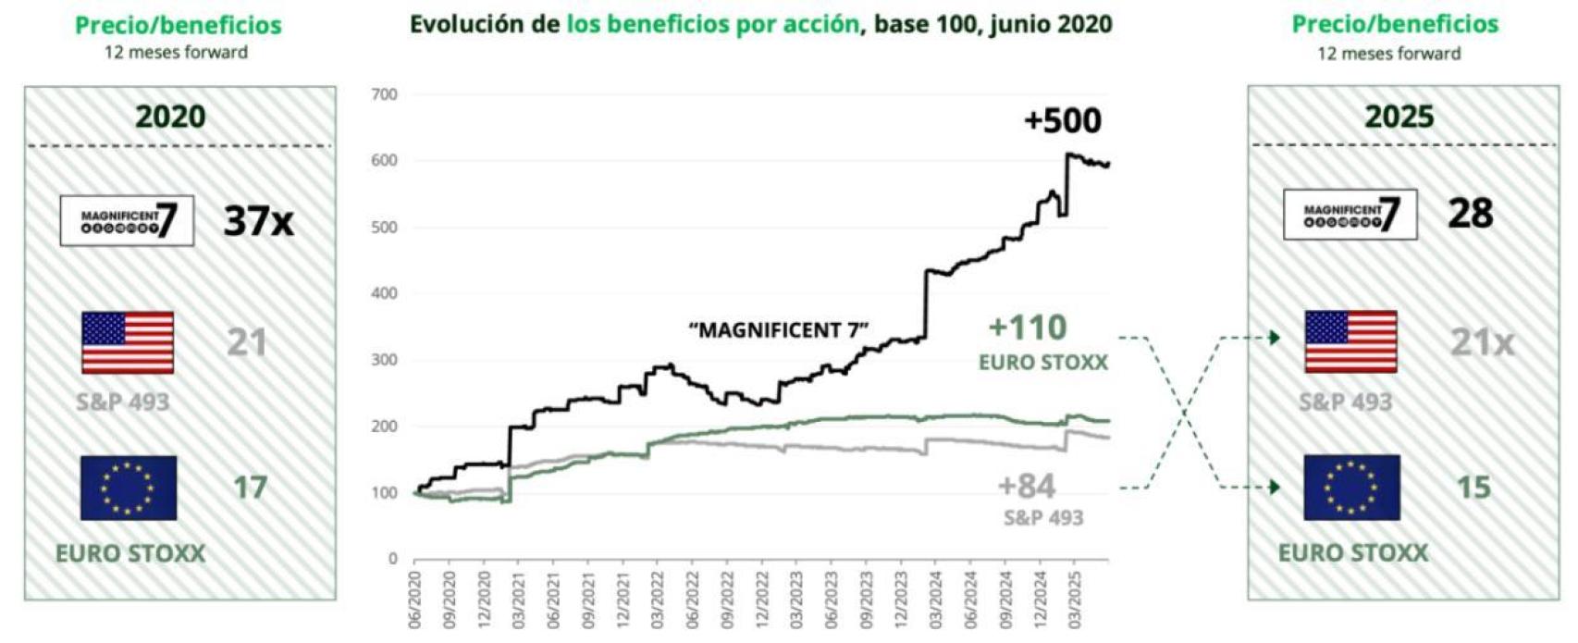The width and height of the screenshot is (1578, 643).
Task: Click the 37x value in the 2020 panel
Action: (258, 221)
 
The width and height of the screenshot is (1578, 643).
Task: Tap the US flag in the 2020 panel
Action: (128, 342)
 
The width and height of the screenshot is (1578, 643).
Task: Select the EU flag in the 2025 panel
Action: (1351, 488)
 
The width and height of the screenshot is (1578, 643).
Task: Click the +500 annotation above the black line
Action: (1062, 121)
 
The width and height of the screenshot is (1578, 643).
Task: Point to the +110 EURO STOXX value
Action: (1028, 328)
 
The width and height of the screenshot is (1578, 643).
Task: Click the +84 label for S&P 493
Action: (1026, 486)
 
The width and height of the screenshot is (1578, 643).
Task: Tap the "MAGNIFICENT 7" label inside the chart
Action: (778, 330)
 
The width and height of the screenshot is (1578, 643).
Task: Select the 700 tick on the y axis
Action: (384, 94)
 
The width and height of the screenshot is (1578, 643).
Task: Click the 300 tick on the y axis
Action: (384, 360)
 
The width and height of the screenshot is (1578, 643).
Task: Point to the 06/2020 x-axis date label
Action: (415, 600)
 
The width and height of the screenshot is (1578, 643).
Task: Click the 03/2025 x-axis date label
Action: (1073, 600)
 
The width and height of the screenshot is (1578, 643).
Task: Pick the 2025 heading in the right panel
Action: (1399, 117)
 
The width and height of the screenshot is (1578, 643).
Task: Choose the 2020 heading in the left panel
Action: (170, 117)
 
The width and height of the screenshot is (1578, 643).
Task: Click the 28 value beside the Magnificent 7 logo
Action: (1470, 214)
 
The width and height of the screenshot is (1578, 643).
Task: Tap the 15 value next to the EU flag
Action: (1473, 488)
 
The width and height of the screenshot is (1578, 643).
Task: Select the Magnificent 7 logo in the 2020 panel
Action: (127, 221)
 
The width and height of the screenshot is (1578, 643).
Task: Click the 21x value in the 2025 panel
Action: (1482, 343)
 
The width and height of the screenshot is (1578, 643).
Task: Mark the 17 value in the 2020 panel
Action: (250, 488)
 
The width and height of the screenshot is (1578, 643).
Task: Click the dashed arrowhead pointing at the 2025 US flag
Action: (1275, 338)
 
